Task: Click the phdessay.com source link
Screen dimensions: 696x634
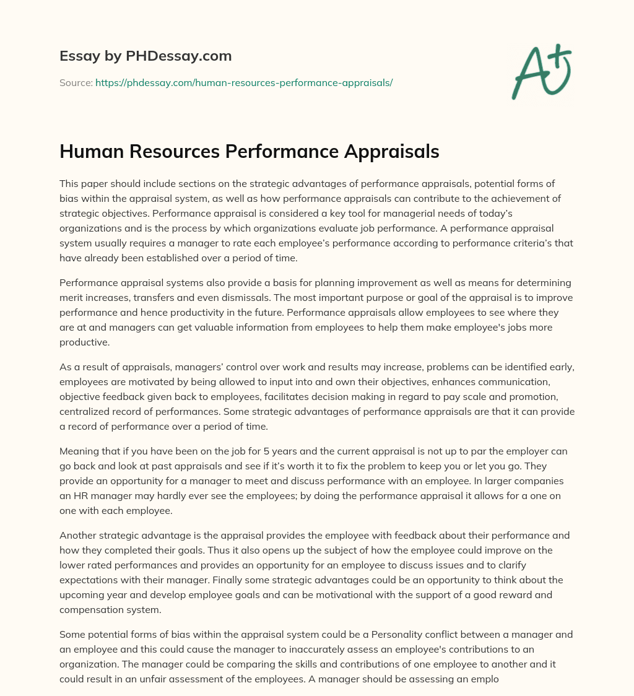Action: point(244,82)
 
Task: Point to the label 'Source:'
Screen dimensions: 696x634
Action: point(76,82)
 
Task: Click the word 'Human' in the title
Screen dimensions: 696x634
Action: point(92,151)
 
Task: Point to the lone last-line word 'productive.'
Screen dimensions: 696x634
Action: point(84,341)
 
